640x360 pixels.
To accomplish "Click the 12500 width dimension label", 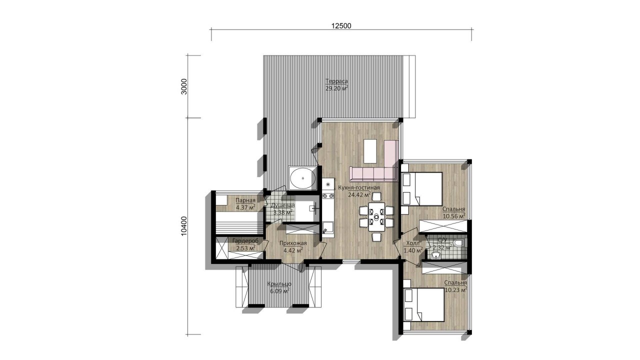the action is pyautogui.click(x=341, y=25).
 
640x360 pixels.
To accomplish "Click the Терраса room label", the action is pyautogui.click(x=336, y=81).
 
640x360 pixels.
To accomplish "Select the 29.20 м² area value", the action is pyautogui.click(x=336, y=88).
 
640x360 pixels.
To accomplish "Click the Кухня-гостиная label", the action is pyautogui.click(x=359, y=187).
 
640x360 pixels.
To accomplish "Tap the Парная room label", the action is pyautogui.click(x=245, y=200).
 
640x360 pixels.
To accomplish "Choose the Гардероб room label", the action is pyautogui.click(x=245, y=241).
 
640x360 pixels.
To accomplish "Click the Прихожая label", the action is pyautogui.click(x=293, y=243).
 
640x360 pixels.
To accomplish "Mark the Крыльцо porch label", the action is pyautogui.click(x=279, y=284).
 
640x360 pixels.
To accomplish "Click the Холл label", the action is pyautogui.click(x=413, y=243).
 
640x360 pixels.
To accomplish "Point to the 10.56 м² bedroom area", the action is pyautogui.click(x=454, y=216).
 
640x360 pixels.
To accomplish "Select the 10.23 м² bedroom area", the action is pyautogui.click(x=456, y=289).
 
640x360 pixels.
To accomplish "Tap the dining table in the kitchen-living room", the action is pyautogui.click(x=376, y=216).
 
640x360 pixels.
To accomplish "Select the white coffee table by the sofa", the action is pyautogui.click(x=370, y=151).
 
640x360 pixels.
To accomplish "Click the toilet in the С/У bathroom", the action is pyautogui.click(x=459, y=243).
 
